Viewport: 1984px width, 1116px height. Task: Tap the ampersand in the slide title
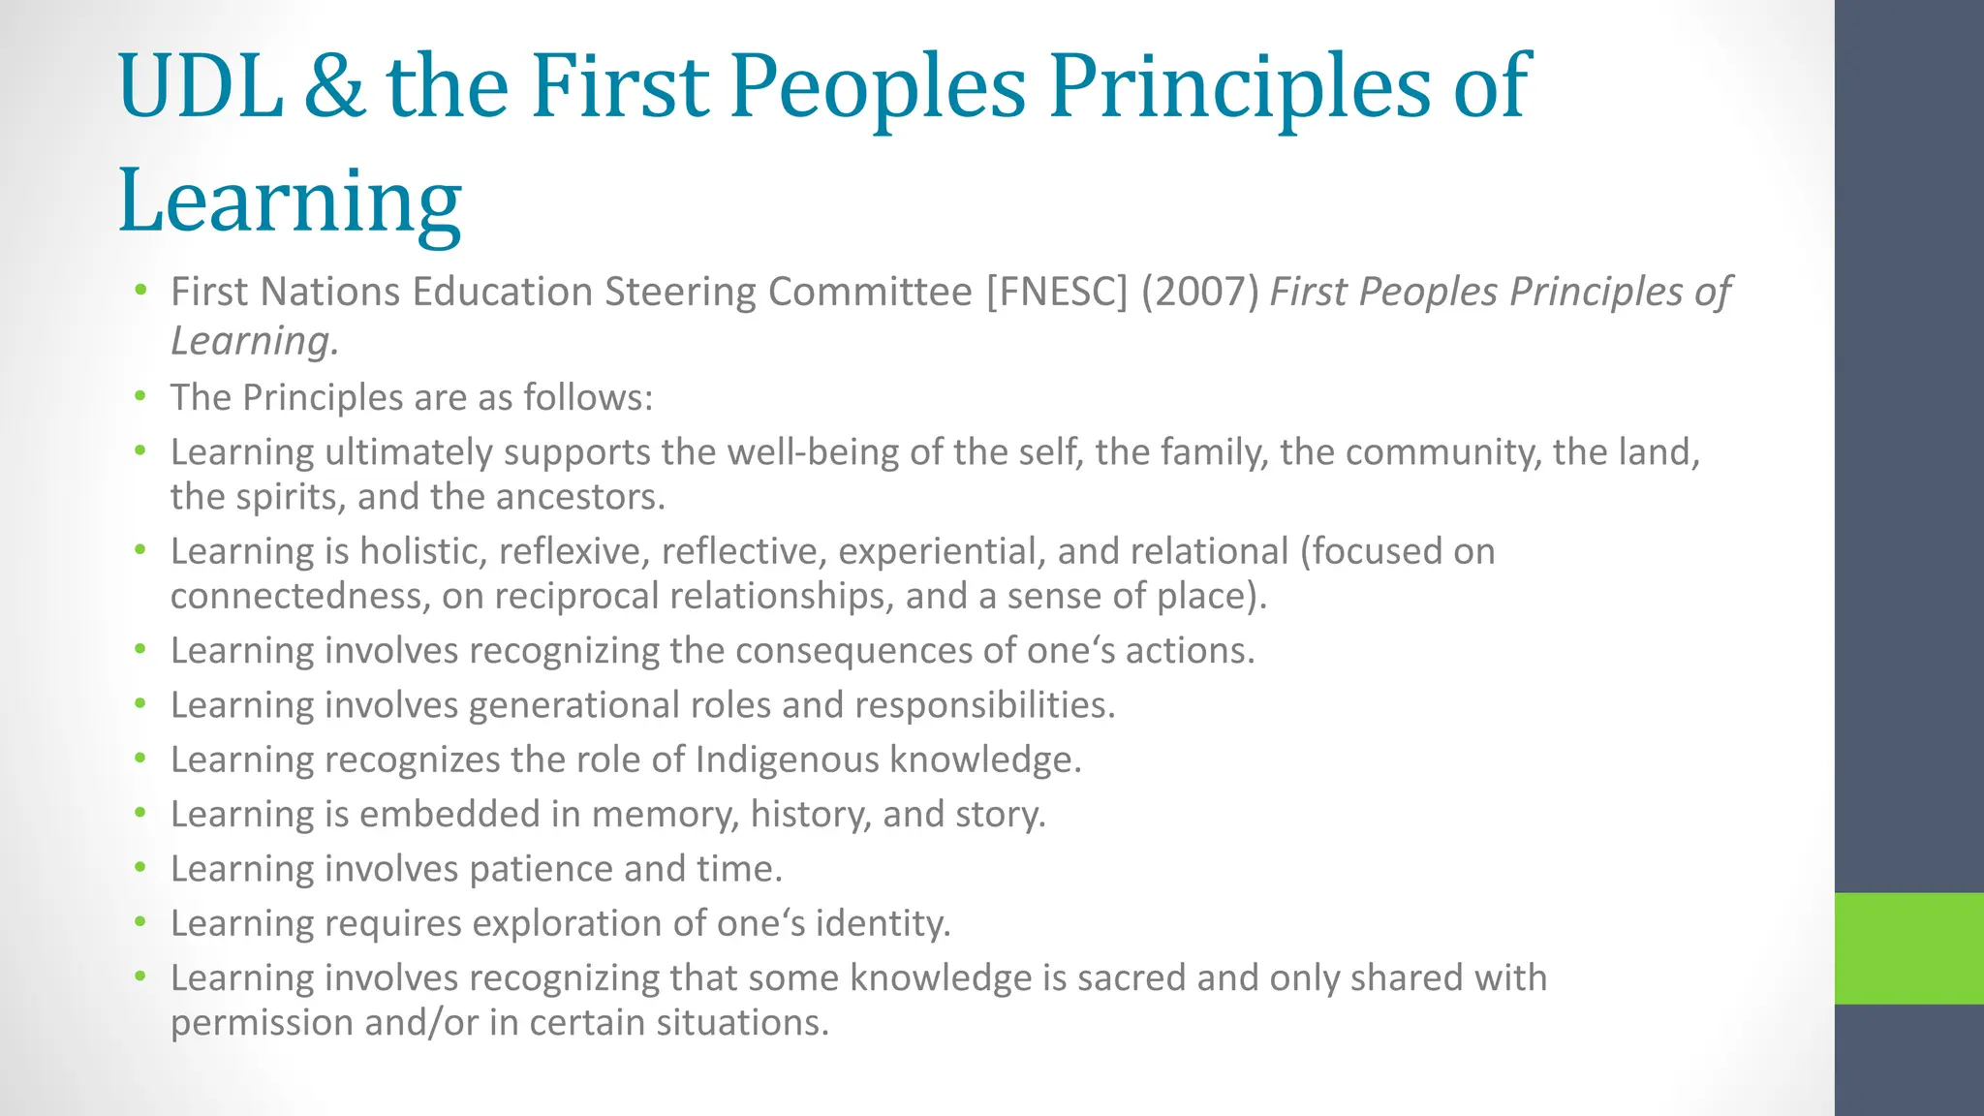click(x=334, y=87)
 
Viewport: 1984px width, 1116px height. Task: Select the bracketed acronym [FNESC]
click(x=1057, y=292)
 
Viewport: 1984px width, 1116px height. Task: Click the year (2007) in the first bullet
click(x=1199, y=292)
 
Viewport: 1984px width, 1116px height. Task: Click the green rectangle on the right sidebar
click(x=1908, y=947)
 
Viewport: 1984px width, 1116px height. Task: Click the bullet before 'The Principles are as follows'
click(x=140, y=396)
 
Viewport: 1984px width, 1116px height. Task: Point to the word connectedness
click(x=299, y=596)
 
